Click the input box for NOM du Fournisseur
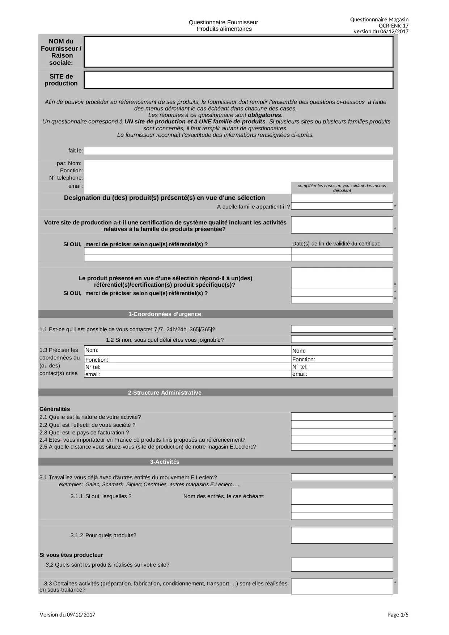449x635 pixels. coord(238,52)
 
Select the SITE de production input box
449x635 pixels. coord(238,80)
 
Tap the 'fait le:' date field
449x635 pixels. coord(238,151)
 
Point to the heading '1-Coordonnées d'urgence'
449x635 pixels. coord(165,314)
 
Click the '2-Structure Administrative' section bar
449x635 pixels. coord(165,393)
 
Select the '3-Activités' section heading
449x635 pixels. coord(165,462)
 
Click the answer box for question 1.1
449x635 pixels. coord(342,329)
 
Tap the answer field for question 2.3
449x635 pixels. coord(342,433)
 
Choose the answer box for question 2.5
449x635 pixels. coord(342,447)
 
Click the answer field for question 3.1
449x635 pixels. coord(342,478)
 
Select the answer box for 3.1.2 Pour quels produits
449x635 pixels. coord(342,535)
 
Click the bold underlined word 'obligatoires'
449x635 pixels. coord(264,115)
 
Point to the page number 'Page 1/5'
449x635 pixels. coord(398,615)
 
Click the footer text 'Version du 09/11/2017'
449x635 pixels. coord(67,615)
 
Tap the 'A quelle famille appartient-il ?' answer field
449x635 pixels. coord(342,206)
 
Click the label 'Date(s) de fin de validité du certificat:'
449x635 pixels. coord(336,244)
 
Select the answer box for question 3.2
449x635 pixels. coord(342,565)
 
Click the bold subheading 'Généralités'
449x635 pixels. coord(55,409)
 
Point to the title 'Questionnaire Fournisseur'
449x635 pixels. coord(223,22)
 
